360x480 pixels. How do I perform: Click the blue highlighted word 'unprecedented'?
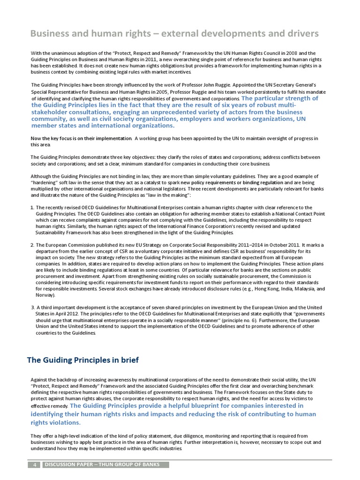[187, 112]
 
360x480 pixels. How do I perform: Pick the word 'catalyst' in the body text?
[169, 182]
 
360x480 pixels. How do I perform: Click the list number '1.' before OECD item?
[32, 207]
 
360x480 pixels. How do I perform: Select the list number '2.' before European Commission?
[32, 245]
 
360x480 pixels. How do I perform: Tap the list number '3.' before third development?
[32, 307]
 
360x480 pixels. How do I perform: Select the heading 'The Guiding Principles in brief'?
[82, 360]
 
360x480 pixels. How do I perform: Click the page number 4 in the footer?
[34, 465]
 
